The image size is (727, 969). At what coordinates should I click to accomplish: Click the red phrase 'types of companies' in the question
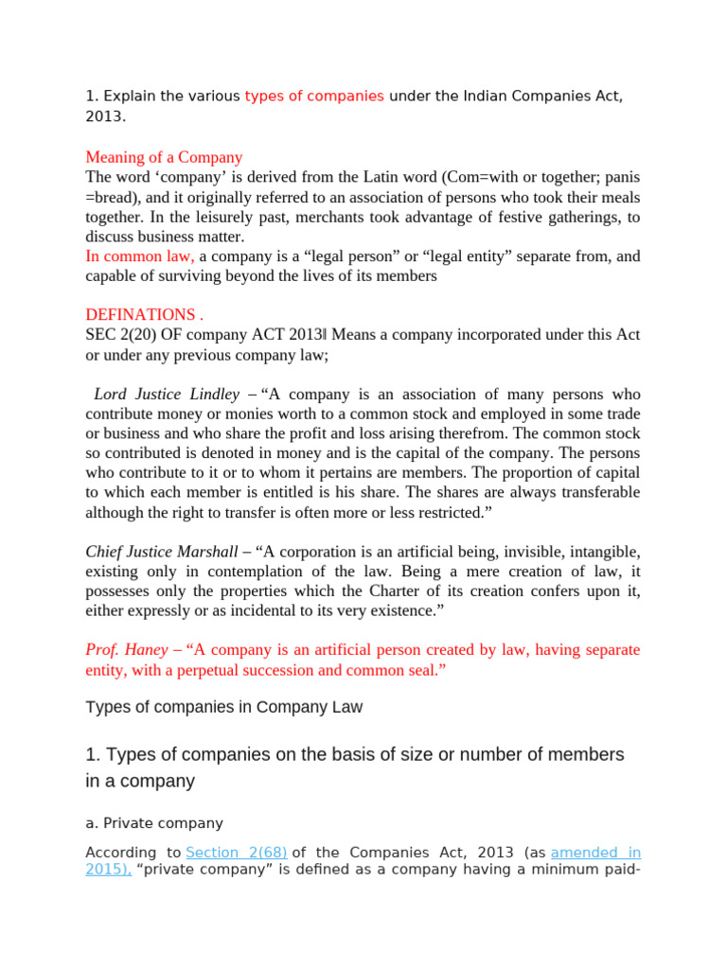[x=314, y=97]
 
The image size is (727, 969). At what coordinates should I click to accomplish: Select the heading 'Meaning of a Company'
[x=164, y=157]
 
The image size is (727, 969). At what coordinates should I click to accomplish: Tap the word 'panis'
[x=619, y=177]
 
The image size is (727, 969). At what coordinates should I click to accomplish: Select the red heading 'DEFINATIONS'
[x=140, y=315]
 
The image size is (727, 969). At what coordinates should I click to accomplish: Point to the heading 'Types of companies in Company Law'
[x=224, y=707]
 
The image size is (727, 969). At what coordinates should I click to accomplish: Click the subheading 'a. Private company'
[x=154, y=823]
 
